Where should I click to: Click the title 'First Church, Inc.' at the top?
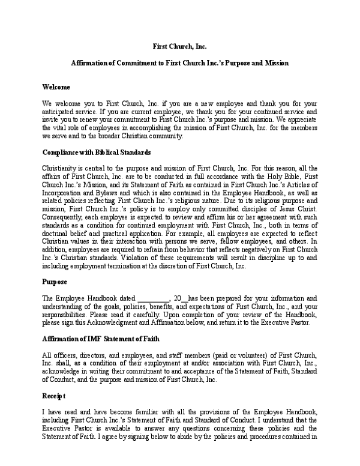[x=180, y=46]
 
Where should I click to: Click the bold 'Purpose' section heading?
[x=55, y=281]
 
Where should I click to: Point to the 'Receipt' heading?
[x=54, y=396]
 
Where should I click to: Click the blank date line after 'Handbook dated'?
[x=154, y=298]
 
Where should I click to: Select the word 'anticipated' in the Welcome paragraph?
[x=62, y=112]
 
